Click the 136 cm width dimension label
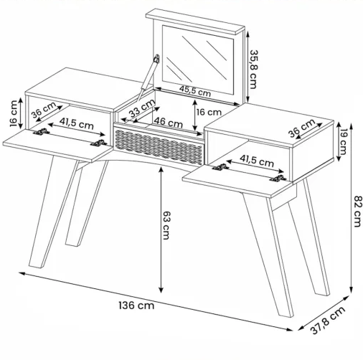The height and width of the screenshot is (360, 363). [136, 305]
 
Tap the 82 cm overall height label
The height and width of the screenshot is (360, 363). [358, 211]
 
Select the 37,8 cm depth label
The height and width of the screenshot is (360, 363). [328, 320]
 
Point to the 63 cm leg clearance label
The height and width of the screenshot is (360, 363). [166, 225]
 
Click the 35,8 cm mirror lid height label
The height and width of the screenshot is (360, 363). [253, 70]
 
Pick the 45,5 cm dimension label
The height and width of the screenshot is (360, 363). [195, 91]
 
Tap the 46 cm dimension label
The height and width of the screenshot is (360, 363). [168, 122]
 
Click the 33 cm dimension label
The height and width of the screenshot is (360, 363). [142, 109]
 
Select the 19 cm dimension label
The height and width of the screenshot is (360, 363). [343, 141]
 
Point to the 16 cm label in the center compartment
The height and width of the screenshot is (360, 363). [209, 112]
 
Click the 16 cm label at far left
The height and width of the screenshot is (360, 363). [14, 113]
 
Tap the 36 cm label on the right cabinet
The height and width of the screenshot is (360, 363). [302, 128]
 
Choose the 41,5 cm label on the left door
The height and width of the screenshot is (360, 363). [76, 123]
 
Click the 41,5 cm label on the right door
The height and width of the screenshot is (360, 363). [257, 161]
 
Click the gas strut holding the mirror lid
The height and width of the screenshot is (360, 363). [148, 77]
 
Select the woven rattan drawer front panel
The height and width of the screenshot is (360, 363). [159, 147]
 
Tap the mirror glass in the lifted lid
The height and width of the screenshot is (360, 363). [198, 60]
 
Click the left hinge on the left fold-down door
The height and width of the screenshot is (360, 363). [41, 131]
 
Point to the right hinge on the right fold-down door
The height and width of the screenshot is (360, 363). [278, 179]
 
